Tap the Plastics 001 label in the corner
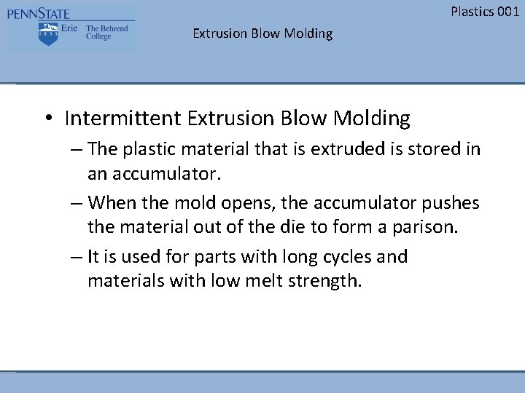pyautogui.click(x=485, y=11)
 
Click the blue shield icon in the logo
pyautogui.click(x=49, y=33)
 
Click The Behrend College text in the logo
pyautogui.click(x=106, y=33)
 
